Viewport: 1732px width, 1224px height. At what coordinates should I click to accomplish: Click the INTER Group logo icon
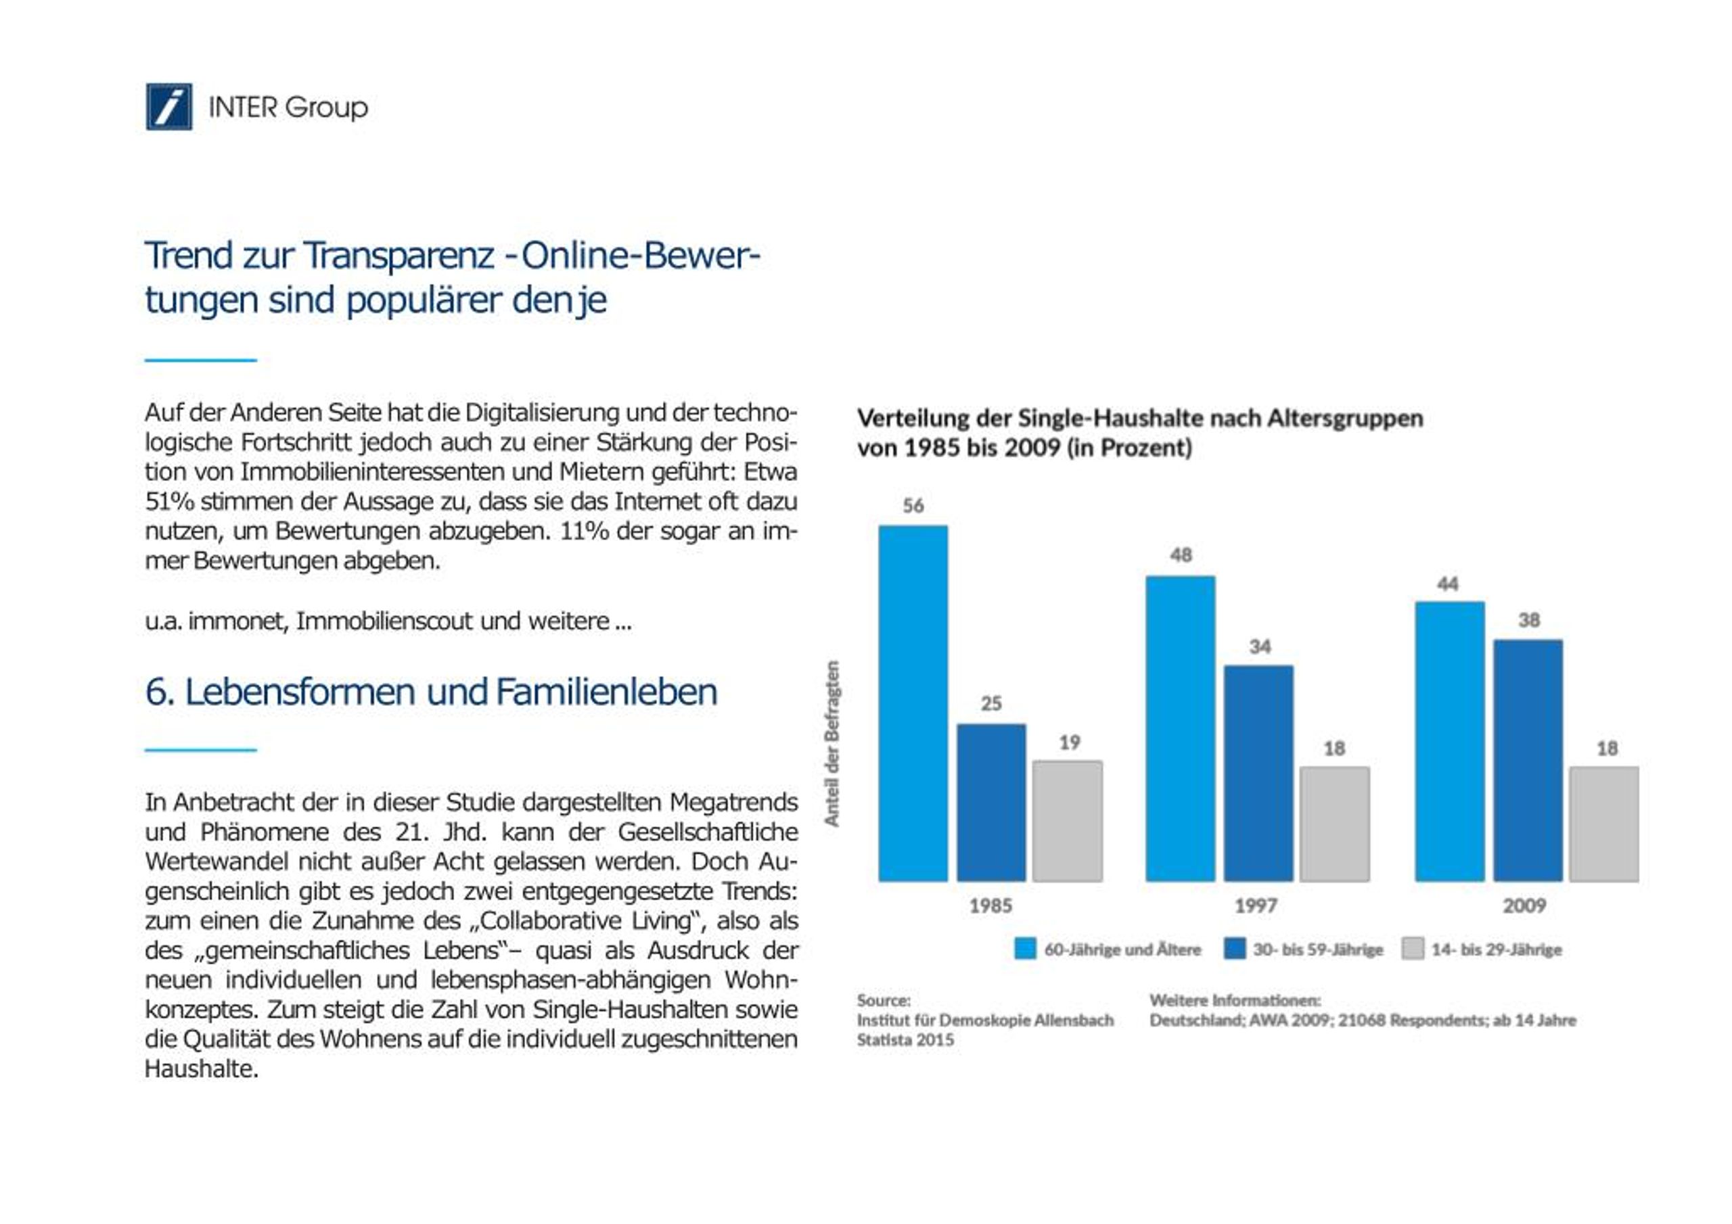[x=169, y=106]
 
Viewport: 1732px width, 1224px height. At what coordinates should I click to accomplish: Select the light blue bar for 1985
[x=913, y=703]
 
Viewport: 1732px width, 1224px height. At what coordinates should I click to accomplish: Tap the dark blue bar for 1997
[x=1258, y=773]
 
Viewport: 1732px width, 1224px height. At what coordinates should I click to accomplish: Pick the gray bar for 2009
[x=1603, y=824]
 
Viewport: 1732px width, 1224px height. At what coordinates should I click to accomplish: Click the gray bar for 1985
[x=1068, y=820]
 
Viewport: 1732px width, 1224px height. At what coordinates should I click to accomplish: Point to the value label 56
[x=913, y=505]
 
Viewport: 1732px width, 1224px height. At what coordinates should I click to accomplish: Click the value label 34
[x=1260, y=646]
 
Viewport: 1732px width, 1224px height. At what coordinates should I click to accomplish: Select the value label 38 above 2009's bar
[x=1529, y=620]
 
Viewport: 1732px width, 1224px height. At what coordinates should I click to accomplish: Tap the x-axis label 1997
[x=1256, y=905]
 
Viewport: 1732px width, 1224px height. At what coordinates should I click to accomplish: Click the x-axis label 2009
[x=1524, y=905]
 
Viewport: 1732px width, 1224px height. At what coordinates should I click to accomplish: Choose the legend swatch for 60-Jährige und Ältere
[x=1025, y=949]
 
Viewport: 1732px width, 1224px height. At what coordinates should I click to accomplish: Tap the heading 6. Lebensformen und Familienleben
[x=431, y=692]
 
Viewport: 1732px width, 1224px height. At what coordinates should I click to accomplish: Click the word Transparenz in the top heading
[x=399, y=256]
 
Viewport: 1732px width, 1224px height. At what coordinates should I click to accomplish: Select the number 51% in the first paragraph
[x=170, y=502]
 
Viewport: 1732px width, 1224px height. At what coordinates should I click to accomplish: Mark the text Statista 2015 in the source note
[x=905, y=1040]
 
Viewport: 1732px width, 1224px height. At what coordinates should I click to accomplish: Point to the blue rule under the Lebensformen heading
[x=201, y=750]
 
